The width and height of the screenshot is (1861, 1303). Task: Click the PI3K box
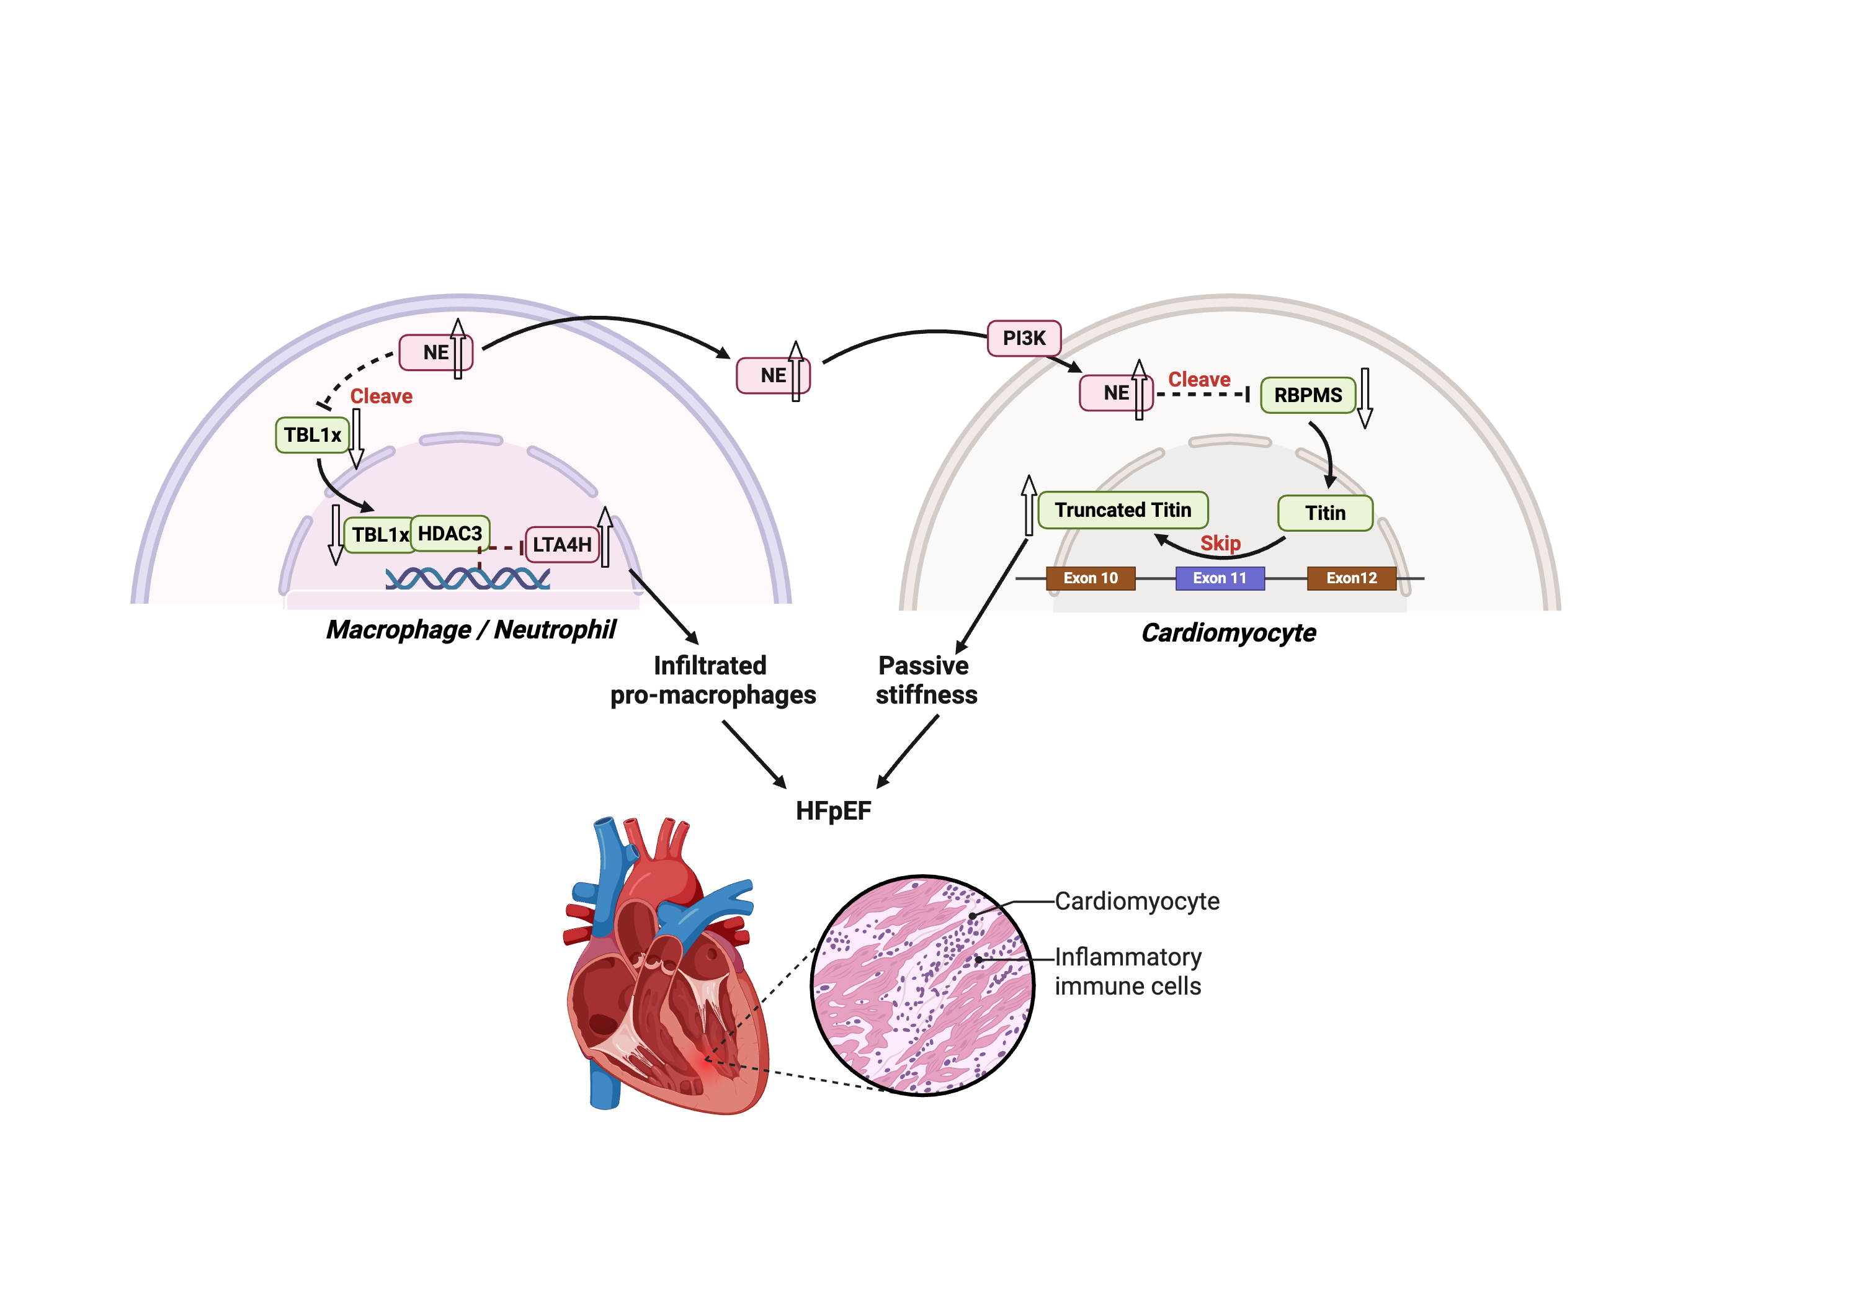[1024, 338]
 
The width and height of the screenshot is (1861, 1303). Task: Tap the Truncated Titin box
[1123, 510]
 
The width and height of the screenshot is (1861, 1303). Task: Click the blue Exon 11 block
[1219, 578]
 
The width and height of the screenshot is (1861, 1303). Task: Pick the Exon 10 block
[1090, 578]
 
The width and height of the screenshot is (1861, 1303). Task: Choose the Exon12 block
[1351, 578]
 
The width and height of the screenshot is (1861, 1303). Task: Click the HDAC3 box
[450, 534]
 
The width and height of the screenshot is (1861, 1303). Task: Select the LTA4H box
[561, 545]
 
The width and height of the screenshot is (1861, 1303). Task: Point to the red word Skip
[1220, 544]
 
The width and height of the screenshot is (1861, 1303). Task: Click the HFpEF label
[833, 811]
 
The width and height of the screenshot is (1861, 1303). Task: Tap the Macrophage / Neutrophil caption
[471, 630]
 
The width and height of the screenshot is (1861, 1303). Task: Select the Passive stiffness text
[926, 680]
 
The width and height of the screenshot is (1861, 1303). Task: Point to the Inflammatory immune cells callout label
[1128, 972]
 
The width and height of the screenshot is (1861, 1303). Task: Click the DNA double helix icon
[468, 578]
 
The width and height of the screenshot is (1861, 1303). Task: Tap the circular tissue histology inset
[922, 985]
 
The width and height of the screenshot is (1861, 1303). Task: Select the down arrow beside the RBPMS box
[1365, 397]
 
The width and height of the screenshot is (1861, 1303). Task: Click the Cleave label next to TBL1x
[381, 396]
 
